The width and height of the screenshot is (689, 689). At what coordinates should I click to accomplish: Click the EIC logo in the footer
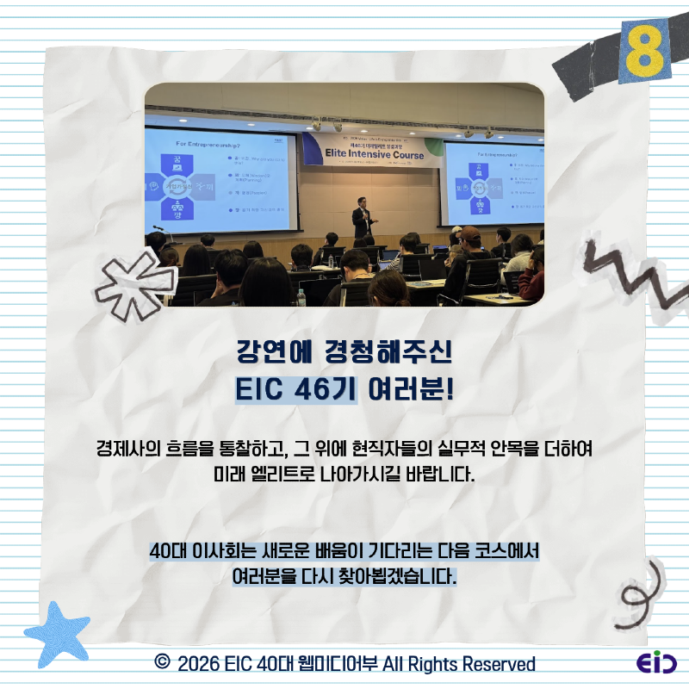[656, 663]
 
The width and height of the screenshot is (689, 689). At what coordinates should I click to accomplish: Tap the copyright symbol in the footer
[160, 663]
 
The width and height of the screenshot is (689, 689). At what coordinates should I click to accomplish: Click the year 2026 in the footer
[198, 664]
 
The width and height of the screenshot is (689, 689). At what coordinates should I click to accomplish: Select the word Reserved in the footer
[499, 664]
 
